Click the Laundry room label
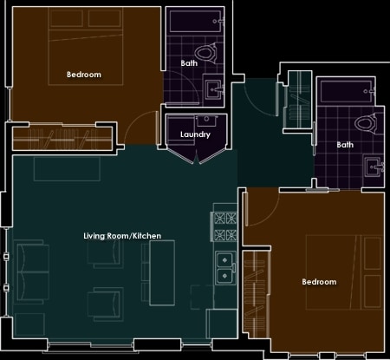195,134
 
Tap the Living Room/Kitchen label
122,236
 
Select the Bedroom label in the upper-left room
84,75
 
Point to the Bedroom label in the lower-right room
319,282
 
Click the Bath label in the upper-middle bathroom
189,63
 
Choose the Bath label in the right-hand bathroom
345,145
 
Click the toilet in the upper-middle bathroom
206,53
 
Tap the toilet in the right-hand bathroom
366,123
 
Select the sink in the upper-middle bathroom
214,89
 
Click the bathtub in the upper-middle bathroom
196,21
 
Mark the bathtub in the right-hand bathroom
347,92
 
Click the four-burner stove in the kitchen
225,226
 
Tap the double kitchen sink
225,268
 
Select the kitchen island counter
162,272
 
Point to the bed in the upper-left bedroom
86,46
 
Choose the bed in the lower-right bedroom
344,272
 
